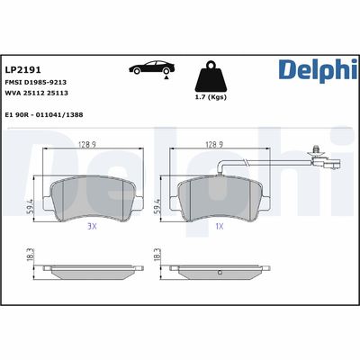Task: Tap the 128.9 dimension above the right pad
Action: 214,143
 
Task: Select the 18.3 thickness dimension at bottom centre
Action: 159,256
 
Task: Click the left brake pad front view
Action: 88,193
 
